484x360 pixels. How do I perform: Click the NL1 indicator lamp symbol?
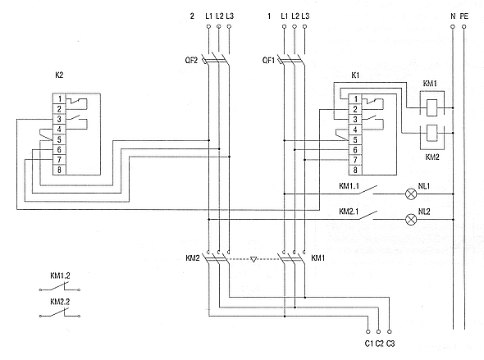[x=410, y=194]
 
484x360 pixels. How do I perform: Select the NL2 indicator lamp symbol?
[x=410, y=220]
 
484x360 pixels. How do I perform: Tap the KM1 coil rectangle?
[x=431, y=107]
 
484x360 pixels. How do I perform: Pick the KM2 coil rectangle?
[x=431, y=133]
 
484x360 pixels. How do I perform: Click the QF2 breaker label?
[x=191, y=60]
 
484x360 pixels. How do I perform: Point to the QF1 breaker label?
[x=268, y=60]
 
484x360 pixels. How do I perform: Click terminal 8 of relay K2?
[x=59, y=170]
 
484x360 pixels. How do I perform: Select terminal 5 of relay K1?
[x=355, y=139]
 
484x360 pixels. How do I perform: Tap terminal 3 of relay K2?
[x=59, y=120]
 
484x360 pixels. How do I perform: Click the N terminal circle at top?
[x=453, y=27]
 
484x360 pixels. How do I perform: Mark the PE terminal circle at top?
[x=464, y=27]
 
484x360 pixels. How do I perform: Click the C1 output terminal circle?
[x=368, y=331]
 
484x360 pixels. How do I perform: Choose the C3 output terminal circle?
[x=390, y=331]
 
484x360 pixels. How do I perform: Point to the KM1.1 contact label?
[x=349, y=186]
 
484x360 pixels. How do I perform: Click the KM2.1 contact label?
[x=349, y=212]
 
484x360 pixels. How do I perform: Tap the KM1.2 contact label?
[x=60, y=276]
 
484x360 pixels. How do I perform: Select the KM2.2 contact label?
[x=60, y=302]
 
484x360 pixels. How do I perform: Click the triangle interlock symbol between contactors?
[x=253, y=259]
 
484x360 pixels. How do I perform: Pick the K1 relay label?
[x=355, y=75]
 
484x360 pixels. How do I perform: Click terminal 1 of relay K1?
[x=355, y=99]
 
